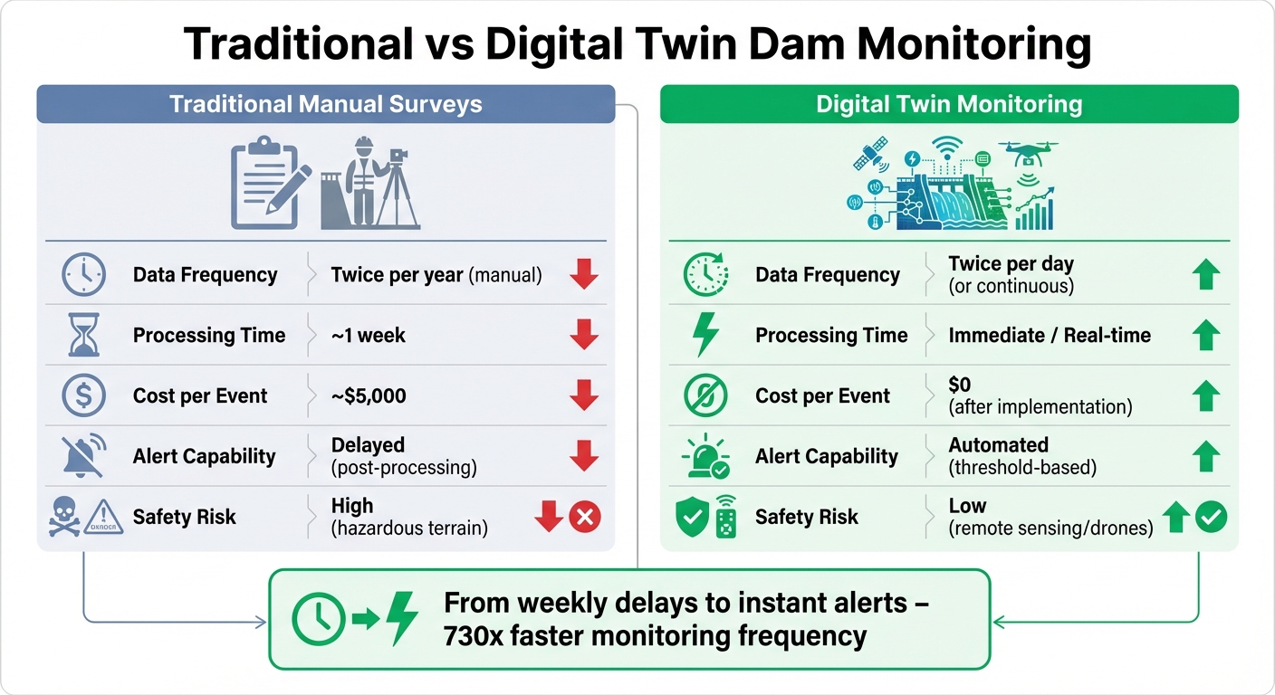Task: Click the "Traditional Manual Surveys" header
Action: (x=325, y=104)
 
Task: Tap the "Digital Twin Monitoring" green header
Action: (x=948, y=104)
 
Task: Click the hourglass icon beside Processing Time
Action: (x=83, y=335)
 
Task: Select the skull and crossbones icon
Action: (x=65, y=517)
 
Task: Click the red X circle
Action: (x=585, y=518)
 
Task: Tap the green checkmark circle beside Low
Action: (x=1211, y=517)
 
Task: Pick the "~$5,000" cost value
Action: (x=369, y=395)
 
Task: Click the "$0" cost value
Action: (x=959, y=386)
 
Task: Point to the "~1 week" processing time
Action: (x=369, y=335)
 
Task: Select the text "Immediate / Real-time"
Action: (x=1049, y=335)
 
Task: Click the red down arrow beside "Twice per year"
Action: (x=584, y=275)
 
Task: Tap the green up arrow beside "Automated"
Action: (x=1205, y=456)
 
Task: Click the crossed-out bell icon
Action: (x=83, y=456)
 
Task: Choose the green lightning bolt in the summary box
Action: (x=402, y=619)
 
